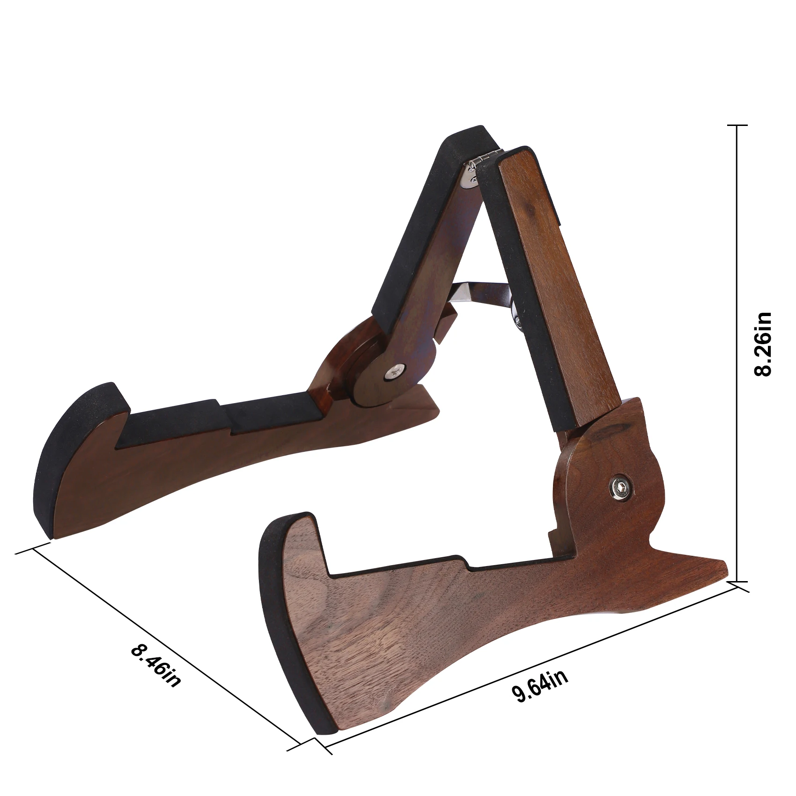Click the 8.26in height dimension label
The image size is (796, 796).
[x=763, y=344]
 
